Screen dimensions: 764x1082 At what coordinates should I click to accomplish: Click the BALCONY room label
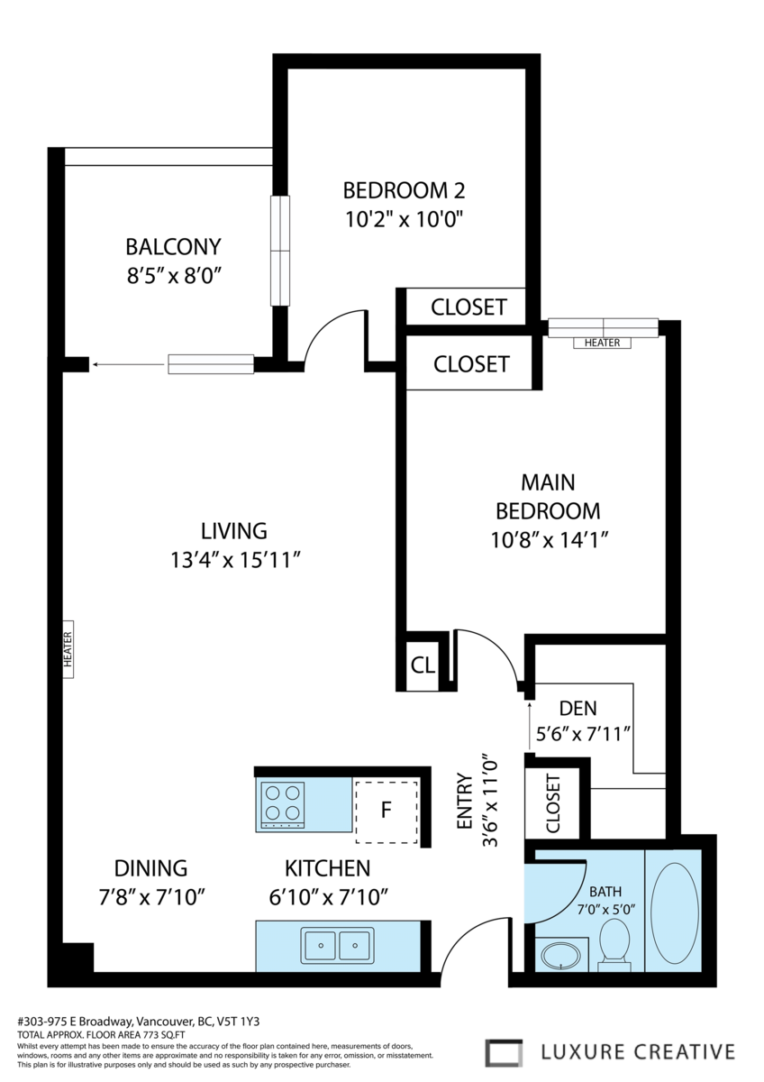173,247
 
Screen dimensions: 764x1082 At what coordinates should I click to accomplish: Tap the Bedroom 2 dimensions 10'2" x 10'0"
404,220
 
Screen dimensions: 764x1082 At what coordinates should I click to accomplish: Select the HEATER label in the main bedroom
603,343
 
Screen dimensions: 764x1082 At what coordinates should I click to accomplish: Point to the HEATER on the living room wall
68,649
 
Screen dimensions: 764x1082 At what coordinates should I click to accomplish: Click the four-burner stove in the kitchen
283,806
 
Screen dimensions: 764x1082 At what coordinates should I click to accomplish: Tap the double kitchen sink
337,945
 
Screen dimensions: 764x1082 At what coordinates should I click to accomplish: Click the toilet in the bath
614,945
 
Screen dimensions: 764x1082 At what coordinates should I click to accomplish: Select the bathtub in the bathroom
674,910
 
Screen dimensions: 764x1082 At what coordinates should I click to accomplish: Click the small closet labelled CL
423,665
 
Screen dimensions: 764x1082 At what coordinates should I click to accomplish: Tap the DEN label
578,709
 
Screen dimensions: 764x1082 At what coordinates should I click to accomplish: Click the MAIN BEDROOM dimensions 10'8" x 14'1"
549,540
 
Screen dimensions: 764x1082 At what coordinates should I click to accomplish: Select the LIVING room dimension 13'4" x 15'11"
236,561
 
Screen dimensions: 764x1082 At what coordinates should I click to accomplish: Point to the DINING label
150,868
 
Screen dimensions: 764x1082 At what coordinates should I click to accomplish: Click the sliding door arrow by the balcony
129,364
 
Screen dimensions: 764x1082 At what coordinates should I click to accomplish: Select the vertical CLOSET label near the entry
552,803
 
